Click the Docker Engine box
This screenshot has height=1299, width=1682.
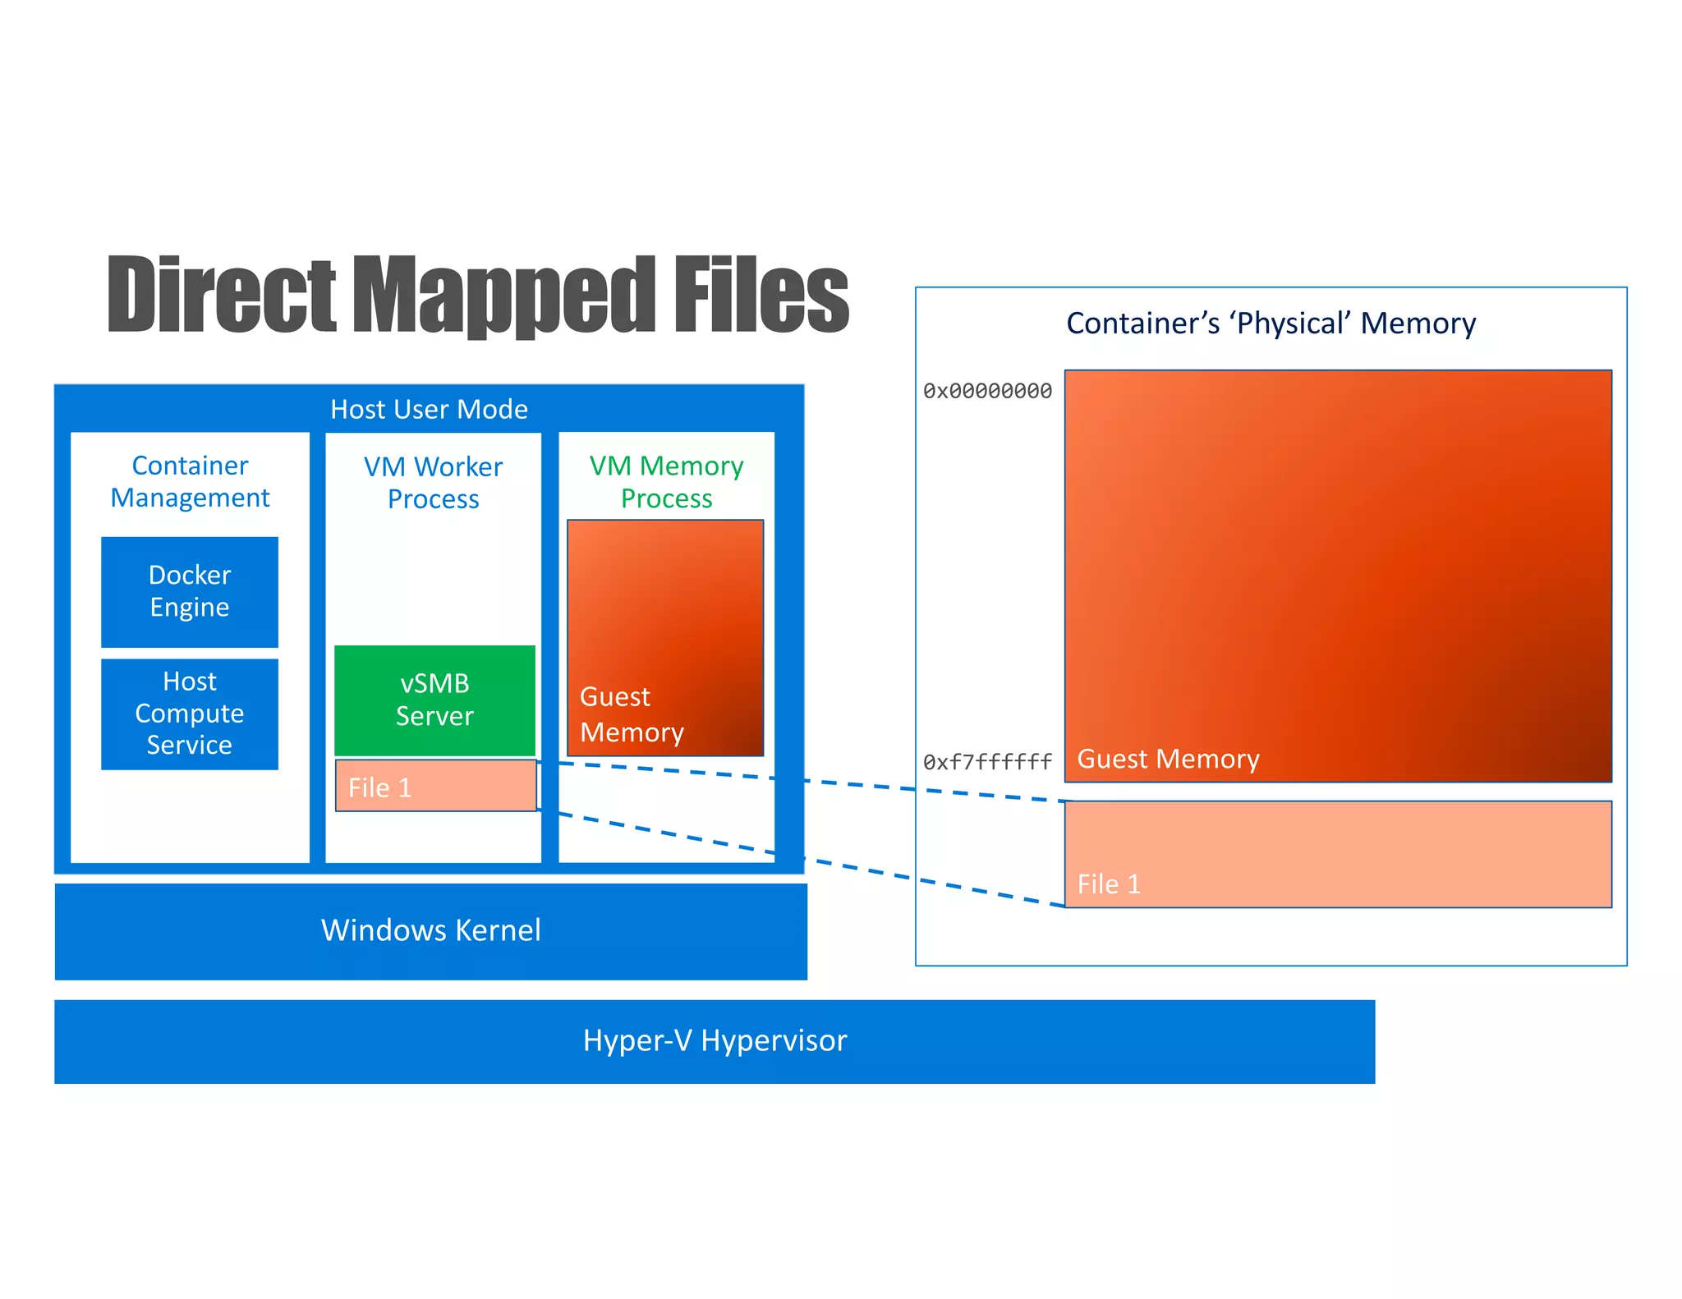pyautogui.click(x=189, y=591)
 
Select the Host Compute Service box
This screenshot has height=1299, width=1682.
pyautogui.click(x=189, y=713)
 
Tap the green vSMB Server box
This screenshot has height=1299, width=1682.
pyautogui.click(x=434, y=700)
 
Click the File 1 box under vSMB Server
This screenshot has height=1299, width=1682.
pyautogui.click(x=435, y=787)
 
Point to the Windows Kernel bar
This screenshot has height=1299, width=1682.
pyautogui.click(x=430, y=930)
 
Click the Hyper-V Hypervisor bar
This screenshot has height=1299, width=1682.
pyautogui.click(x=715, y=1040)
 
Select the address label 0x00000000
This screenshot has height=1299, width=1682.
pyautogui.click(x=987, y=391)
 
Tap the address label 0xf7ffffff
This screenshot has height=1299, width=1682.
pyautogui.click(x=987, y=762)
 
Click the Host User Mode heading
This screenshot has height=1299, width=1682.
pyautogui.click(x=429, y=409)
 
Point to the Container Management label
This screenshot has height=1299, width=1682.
pyautogui.click(x=190, y=481)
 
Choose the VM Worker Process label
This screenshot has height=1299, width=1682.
pyautogui.click(x=433, y=483)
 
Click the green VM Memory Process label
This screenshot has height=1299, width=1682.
pyautogui.click(x=666, y=482)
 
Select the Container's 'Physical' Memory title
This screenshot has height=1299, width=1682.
pyautogui.click(x=1271, y=324)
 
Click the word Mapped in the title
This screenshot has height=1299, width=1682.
pyautogui.click(x=505, y=296)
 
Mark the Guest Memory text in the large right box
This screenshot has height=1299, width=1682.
pyautogui.click(x=1168, y=759)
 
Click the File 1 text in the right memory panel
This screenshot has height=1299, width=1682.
pyautogui.click(x=1109, y=884)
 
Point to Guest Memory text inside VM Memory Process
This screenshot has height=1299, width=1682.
pyautogui.click(x=632, y=714)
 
